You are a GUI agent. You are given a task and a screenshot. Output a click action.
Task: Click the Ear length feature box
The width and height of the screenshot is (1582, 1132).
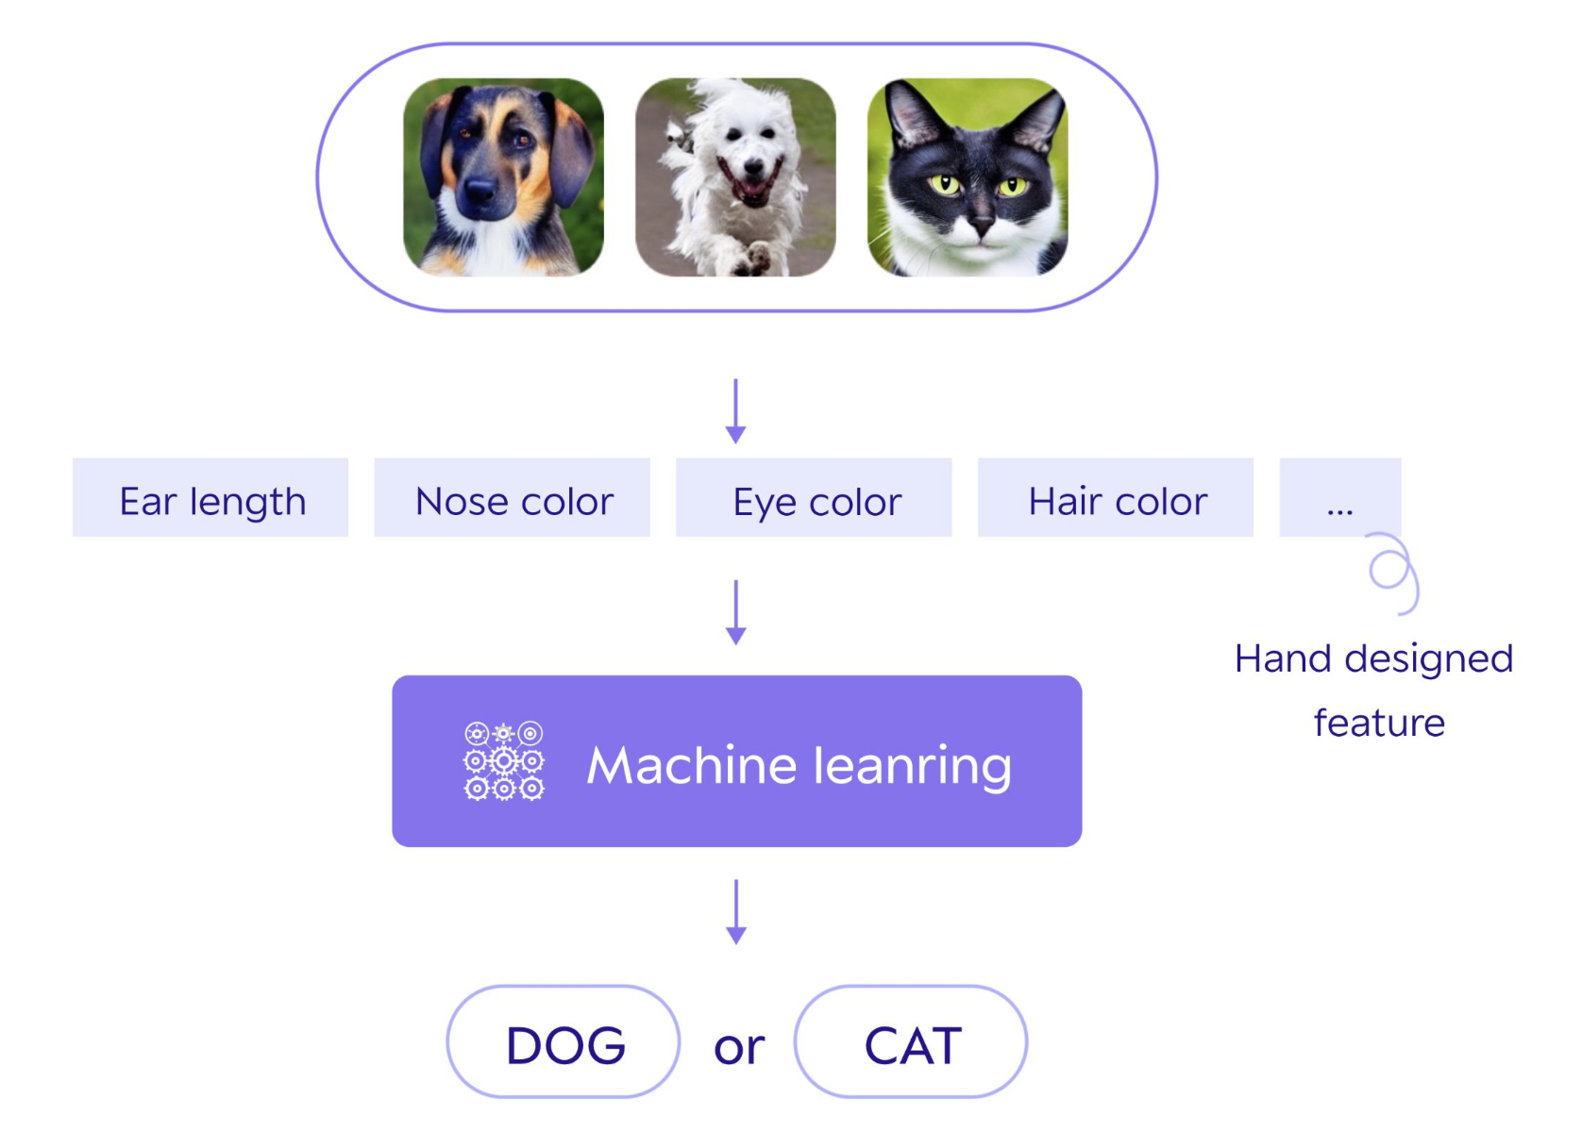[x=210, y=497]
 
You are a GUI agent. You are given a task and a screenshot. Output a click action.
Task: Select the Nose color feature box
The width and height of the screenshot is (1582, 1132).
[x=512, y=497]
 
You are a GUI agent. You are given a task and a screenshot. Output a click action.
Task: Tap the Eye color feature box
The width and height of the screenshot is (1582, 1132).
[x=814, y=497]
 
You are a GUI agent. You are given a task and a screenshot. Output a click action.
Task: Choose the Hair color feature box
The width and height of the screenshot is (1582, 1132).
[x=1115, y=497]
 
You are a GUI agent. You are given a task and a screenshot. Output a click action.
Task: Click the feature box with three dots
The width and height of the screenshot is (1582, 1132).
[x=1339, y=497]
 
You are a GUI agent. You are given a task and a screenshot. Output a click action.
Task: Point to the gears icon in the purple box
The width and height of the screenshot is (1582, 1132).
[x=503, y=760]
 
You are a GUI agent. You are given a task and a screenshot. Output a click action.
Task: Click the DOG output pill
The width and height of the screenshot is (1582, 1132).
[x=564, y=1041]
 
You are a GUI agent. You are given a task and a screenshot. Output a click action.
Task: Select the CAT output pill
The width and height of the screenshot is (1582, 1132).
[x=911, y=1041]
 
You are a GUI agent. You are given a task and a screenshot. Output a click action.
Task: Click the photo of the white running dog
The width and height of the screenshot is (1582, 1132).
[x=735, y=177]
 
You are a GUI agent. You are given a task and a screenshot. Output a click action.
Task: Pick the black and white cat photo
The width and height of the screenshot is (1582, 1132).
[x=967, y=177]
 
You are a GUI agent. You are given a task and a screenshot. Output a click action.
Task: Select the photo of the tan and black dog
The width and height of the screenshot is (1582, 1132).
[x=503, y=177]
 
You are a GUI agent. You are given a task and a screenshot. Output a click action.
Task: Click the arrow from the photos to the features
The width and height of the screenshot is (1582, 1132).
[x=736, y=411]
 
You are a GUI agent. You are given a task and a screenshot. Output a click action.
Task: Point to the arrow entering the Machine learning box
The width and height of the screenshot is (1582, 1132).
[x=736, y=612]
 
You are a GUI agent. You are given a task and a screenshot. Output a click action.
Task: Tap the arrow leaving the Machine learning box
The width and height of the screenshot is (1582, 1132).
[x=736, y=912]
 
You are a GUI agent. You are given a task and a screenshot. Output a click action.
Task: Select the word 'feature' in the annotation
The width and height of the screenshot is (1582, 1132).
[x=1379, y=723]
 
